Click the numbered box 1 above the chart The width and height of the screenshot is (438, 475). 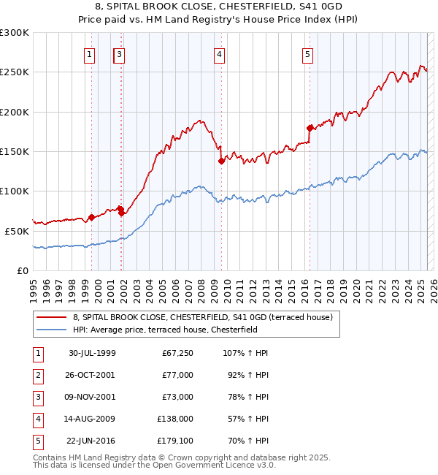pyautogui.click(x=89, y=53)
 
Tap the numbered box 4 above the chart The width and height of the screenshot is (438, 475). pyautogui.click(x=219, y=53)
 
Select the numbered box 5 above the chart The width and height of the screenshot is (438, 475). pyautogui.click(x=307, y=53)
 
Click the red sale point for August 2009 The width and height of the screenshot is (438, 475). pyautogui.click(x=220, y=161)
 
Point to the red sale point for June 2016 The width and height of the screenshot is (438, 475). pyautogui.click(x=310, y=128)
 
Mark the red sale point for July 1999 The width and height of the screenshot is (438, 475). pyautogui.click(x=91, y=217)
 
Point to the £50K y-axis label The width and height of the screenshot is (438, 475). pyautogui.click(x=17, y=231)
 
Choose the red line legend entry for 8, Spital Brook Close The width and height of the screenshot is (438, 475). pyautogui.click(x=202, y=317)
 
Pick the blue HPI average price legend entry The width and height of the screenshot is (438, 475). pyautogui.click(x=174, y=330)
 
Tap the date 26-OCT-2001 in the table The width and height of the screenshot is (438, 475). pyautogui.click(x=91, y=375)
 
